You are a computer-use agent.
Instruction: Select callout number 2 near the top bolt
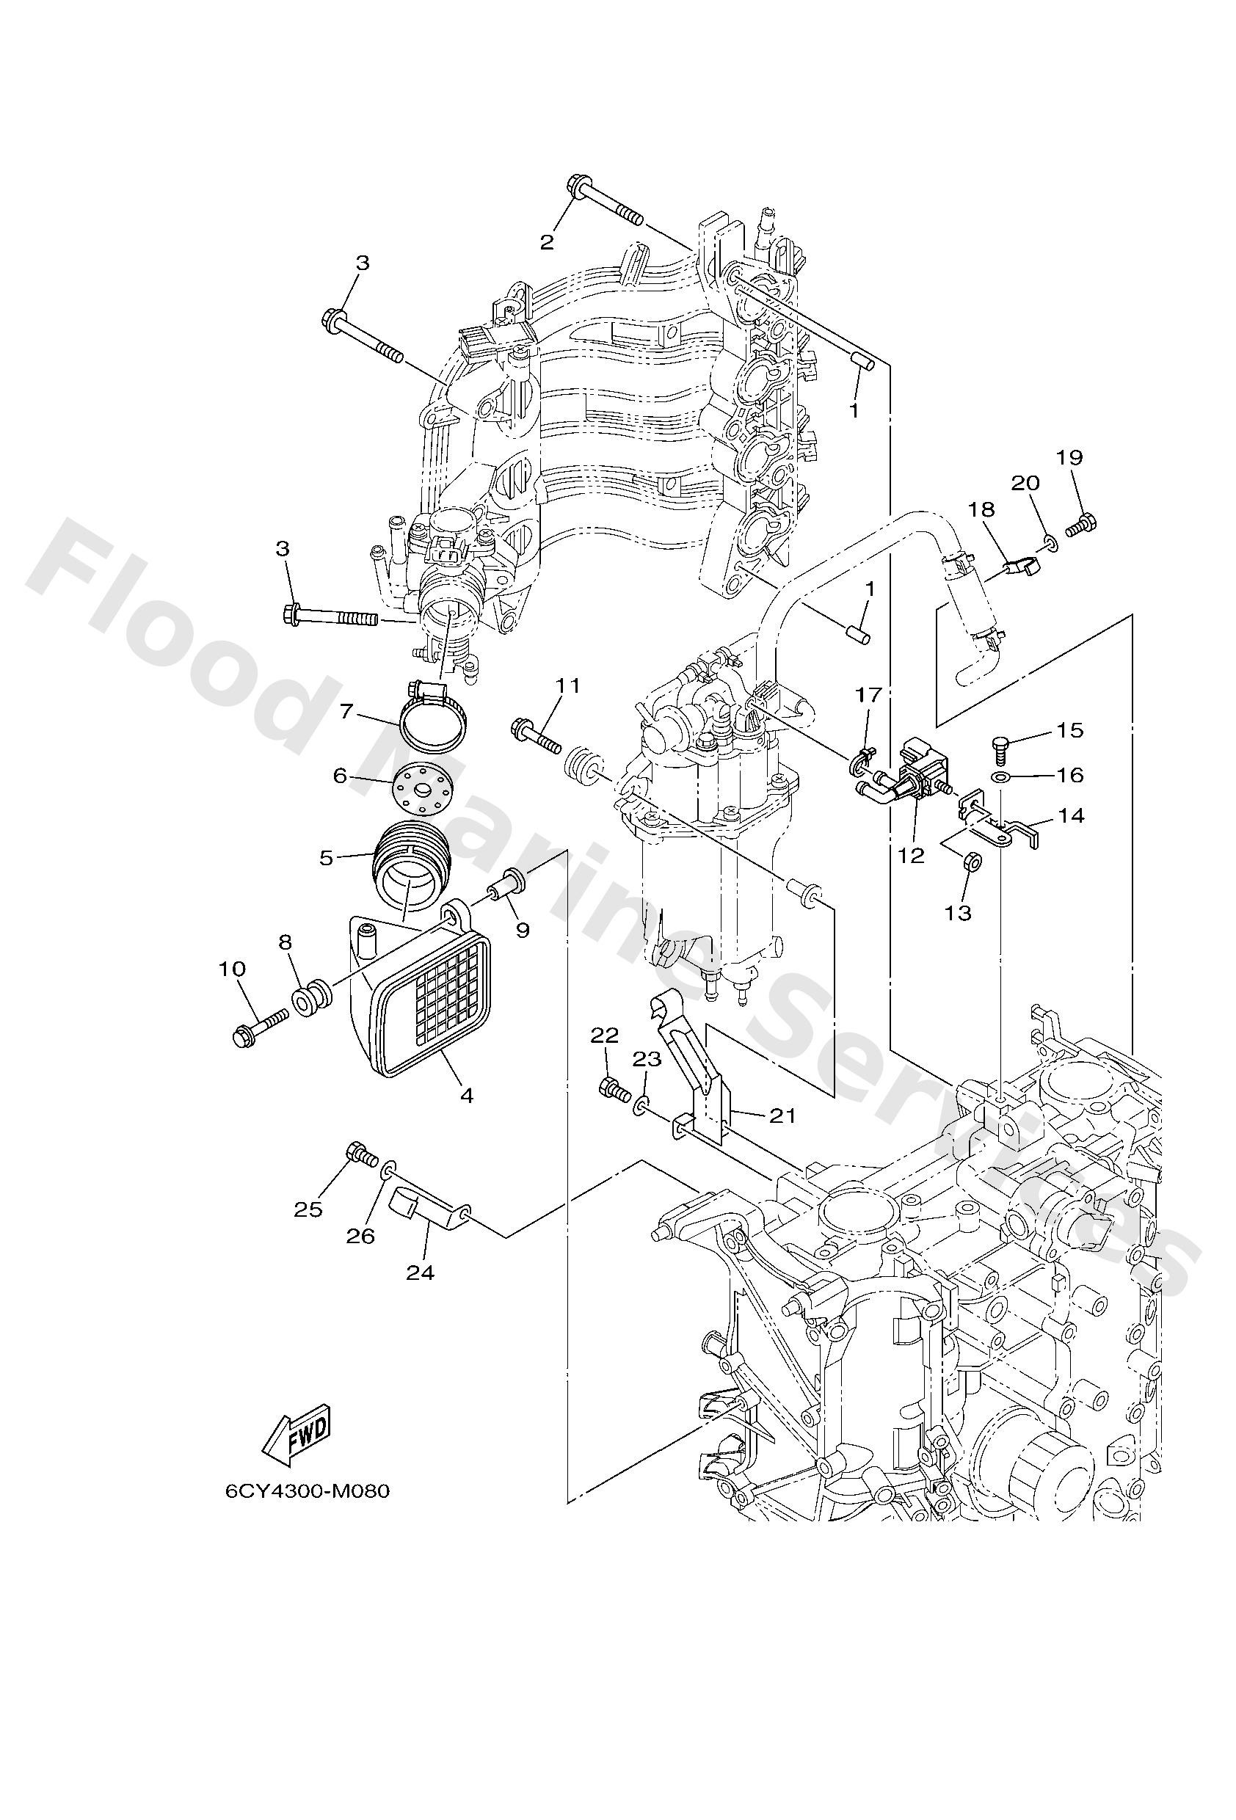[x=547, y=241]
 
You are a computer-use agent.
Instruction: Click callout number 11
[x=568, y=686]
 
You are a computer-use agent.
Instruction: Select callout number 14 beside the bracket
[x=1071, y=816]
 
